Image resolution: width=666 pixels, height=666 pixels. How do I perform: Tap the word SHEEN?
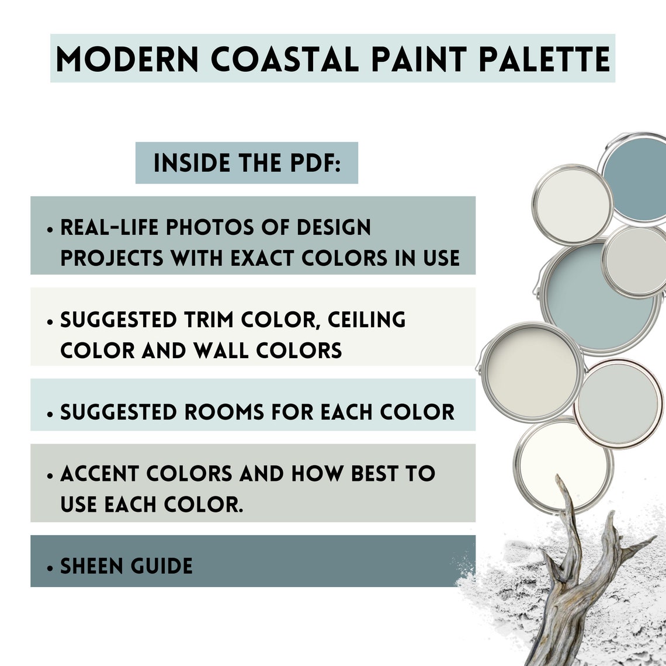point(89,566)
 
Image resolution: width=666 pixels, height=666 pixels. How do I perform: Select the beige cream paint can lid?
point(532,372)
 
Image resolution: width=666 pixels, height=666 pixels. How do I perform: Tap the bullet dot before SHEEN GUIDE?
point(51,567)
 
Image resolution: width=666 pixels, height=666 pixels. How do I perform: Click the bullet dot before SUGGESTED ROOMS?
point(51,414)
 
